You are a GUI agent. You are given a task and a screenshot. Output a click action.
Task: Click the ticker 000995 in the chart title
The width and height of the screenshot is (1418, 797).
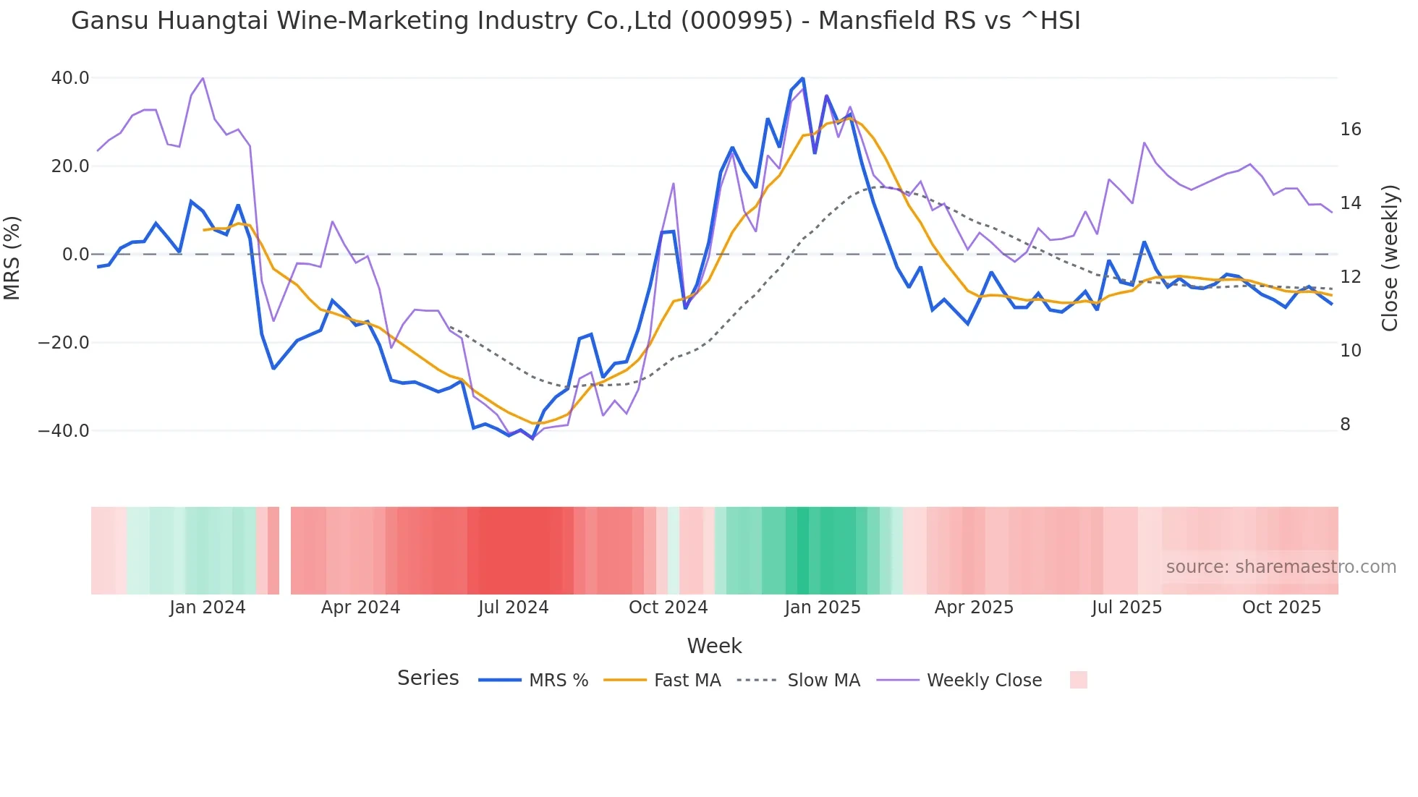point(736,21)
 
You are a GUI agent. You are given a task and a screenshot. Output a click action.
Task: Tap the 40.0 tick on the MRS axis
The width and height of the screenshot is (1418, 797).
point(70,78)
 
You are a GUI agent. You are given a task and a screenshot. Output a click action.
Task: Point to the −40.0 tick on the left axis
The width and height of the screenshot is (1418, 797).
point(64,431)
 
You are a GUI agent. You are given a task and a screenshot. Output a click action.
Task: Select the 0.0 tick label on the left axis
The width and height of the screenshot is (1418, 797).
point(75,255)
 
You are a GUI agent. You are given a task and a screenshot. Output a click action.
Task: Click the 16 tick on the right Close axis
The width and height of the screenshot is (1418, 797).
point(1350,129)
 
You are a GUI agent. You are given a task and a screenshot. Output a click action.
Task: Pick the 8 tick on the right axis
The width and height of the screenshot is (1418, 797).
point(1345,425)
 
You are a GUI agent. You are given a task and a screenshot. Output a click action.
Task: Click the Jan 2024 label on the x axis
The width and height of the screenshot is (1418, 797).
point(208,608)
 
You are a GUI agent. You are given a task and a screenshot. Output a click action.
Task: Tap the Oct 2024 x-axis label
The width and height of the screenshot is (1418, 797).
point(668,608)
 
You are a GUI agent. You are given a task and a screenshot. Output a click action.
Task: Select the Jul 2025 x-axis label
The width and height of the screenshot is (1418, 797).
point(1126,608)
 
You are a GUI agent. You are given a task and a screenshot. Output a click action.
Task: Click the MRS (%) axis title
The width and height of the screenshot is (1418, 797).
point(12,257)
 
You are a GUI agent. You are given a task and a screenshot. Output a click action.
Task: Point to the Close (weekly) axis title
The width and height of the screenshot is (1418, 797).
point(1389,258)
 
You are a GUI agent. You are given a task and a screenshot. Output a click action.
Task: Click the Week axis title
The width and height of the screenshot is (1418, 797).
point(714,646)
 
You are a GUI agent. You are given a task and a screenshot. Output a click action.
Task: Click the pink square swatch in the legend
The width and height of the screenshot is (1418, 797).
point(1078,680)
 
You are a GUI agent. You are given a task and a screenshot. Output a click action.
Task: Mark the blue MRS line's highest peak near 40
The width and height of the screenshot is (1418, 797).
point(802,79)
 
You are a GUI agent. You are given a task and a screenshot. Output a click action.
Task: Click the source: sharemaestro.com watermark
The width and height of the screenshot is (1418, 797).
point(1281,567)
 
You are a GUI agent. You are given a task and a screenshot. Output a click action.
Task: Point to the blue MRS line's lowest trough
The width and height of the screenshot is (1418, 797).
point(532,438)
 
